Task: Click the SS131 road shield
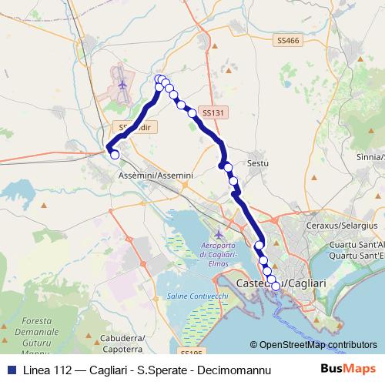tap(214, 112)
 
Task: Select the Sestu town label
tap(257, 163)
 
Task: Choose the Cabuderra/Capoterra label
tap(121, 342)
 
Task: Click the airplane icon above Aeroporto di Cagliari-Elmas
tap(219, 233)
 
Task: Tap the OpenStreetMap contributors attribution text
tap(318, 346)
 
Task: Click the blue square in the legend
tap(9, 370)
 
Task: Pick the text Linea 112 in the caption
tap(44, 370)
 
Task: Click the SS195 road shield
tap(190, 352)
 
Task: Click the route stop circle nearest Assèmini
tap(115, 155)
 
